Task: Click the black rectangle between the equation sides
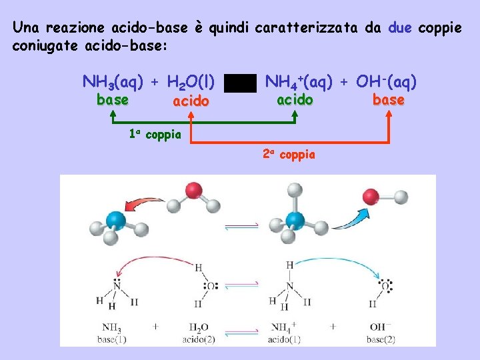point(240,83)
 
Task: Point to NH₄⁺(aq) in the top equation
point(299,82)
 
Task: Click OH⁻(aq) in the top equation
point(387,82)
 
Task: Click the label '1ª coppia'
point(155,134)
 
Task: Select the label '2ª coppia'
point(289,155)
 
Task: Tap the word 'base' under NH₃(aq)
point(113,100)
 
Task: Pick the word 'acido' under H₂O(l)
point(191,101)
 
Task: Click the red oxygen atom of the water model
point(194,190)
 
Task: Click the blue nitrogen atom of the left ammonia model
point(116,219)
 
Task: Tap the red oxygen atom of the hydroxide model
point(371,197)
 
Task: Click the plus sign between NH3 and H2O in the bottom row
point(155,327)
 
